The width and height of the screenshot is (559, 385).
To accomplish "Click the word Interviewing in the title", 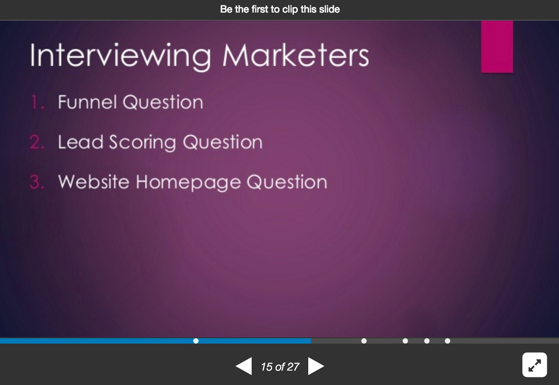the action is (120, 57).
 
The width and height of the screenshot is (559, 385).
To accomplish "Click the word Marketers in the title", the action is (296, 55).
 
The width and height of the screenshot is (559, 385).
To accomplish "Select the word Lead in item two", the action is (80, 142).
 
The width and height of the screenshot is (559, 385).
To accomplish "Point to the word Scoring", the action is (142, 143).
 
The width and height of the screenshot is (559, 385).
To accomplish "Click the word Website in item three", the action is (94, 182).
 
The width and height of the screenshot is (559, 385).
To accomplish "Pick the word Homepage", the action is (188, 183).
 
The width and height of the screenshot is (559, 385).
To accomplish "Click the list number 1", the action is (37, 102).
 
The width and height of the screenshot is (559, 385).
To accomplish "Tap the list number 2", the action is (37, 142).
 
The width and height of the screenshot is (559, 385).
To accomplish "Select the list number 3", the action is (37, 182).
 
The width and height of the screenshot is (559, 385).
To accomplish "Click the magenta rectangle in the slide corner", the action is (497, 47).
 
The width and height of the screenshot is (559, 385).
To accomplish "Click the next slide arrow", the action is (316, 366).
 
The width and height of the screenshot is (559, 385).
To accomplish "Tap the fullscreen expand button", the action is (535, 365).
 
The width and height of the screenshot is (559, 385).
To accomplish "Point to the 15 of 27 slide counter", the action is (280, 367).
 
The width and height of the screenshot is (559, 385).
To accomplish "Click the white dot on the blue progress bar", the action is (196, 341).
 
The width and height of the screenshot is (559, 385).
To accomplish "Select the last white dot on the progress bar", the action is (448, 341).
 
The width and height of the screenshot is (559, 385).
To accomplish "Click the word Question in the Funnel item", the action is (163, 102).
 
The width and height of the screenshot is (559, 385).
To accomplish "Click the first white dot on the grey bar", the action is (364, 341).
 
